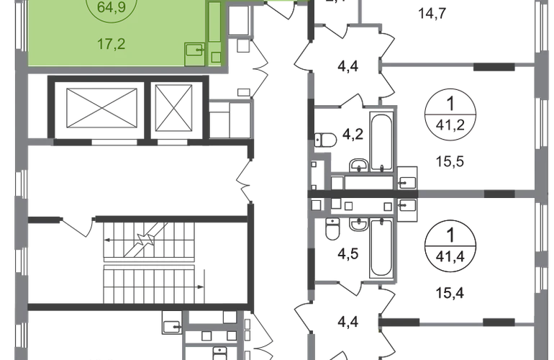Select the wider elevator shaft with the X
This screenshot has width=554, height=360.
click(x=99, y=109)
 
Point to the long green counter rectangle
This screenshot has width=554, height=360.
click(x=214, y=23)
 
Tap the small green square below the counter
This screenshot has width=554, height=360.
click(x=216, y=55)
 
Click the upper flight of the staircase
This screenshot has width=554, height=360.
click(x=150, y=238)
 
